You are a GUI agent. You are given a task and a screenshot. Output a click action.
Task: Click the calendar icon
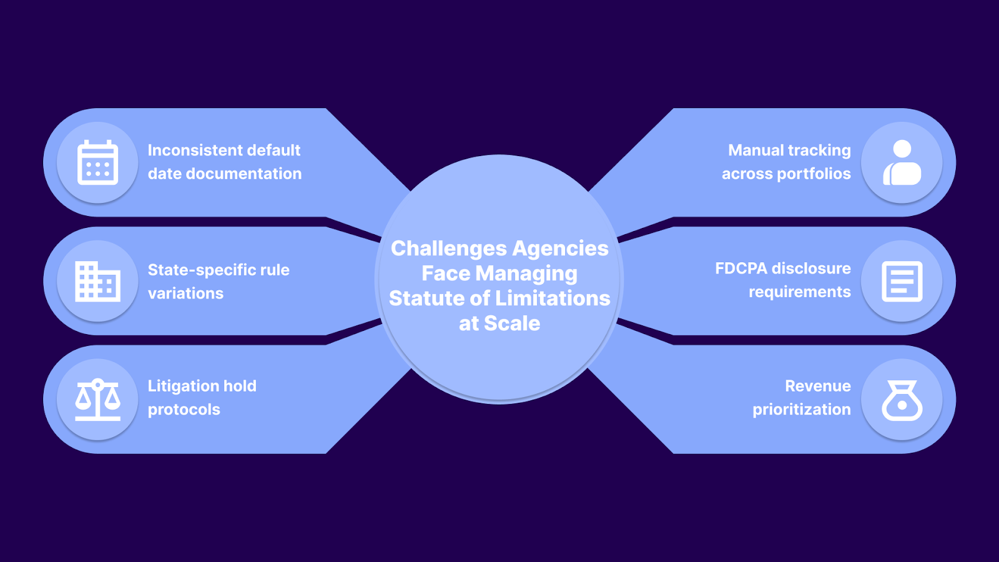97,162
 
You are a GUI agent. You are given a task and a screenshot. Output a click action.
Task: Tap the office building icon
97,281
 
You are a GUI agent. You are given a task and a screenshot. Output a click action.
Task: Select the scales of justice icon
97,400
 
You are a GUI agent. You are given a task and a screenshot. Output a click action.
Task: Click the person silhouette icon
902,162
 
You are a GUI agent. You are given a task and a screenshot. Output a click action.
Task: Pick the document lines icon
902,281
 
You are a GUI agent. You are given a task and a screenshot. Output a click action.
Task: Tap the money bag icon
902,400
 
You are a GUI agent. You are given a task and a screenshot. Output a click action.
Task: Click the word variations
185,293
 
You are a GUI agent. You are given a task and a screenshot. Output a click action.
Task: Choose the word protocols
184,410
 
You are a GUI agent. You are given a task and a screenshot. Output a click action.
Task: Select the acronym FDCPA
741,269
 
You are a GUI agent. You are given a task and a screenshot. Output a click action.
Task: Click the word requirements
799,292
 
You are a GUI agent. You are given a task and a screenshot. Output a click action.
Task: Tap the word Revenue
817,386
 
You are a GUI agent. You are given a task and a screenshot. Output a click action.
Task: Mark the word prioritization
801,410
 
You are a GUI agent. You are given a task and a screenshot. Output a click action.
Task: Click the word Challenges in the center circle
448,249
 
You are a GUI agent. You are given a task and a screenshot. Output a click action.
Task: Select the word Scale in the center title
512,323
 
